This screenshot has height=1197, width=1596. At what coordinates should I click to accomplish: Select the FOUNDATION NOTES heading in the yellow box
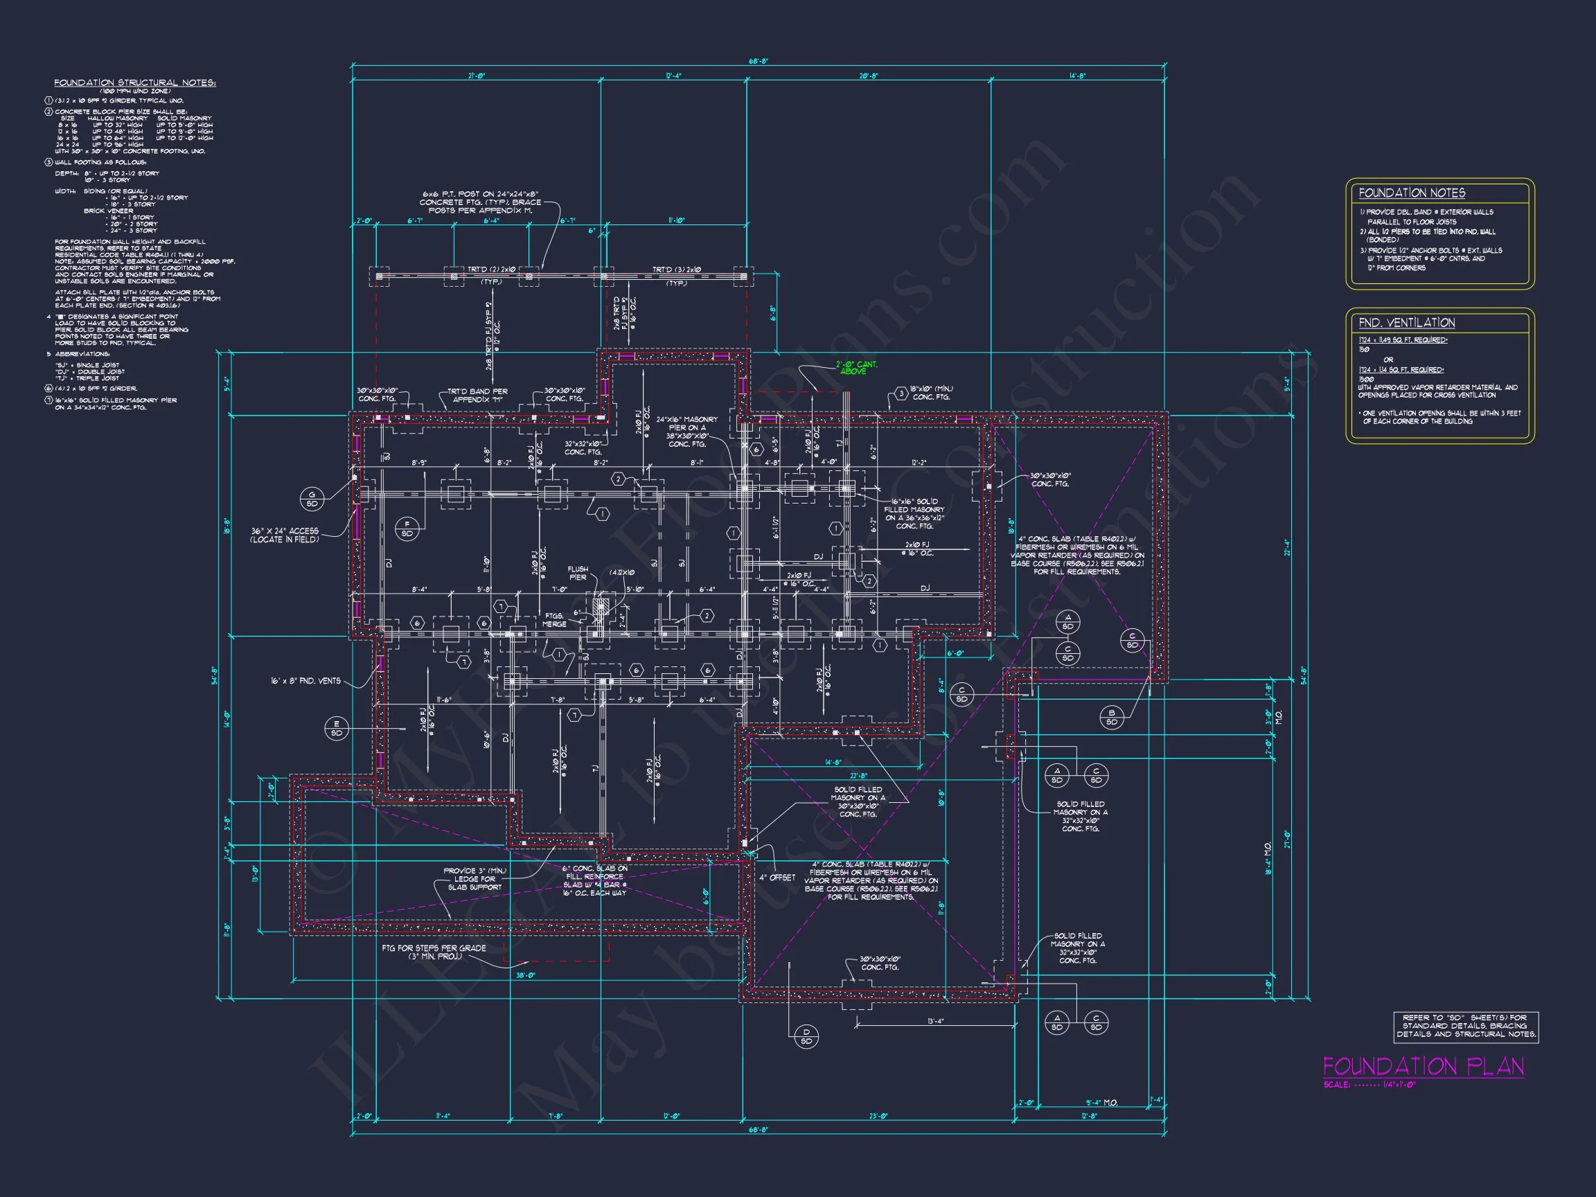coord(1411,193)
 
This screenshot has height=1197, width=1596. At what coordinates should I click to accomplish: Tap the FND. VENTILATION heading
coord(1406,323)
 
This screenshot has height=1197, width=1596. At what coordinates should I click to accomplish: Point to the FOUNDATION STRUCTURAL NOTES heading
coord(135,83)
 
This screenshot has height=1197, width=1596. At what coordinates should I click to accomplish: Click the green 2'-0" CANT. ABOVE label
coord(857,368)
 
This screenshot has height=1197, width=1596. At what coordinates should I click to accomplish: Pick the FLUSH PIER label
coord(577,573)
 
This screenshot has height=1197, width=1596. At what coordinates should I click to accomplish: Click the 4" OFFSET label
coord(777,878)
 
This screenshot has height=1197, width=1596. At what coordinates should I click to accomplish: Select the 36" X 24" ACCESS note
coord(284,535)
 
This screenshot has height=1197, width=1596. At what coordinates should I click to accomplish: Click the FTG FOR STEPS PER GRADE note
coord(434,952)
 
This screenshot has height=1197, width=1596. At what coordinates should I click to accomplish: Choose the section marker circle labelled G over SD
coord(312,499)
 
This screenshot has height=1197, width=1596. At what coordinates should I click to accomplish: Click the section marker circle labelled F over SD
coord(407,529)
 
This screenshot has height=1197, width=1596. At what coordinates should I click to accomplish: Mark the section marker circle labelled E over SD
coord(336,728)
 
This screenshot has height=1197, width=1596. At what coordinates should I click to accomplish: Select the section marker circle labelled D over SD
coord(806,1036)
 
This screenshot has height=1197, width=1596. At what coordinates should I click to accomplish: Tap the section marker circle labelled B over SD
coord(1111,717)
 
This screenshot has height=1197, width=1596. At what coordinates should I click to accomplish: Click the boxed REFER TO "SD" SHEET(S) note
coord(1465,1025)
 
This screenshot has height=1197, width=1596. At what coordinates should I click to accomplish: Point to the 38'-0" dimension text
coord(525,975)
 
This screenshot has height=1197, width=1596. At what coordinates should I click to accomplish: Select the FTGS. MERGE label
coord(554,620)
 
